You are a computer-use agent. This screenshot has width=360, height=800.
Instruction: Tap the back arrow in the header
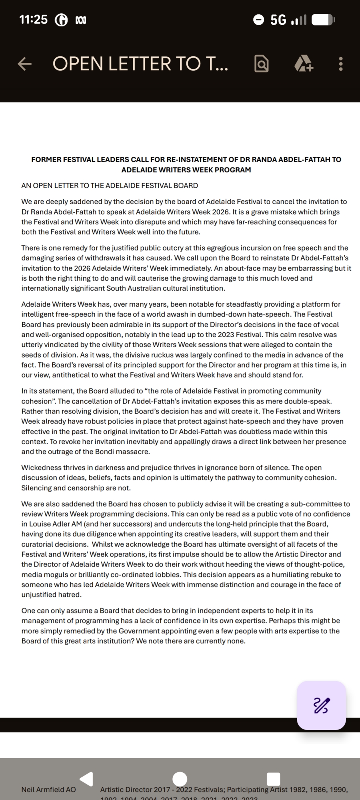pyautogui.click(x=25, y=64)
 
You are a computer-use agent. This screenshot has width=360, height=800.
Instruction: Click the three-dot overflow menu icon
pyautogui.click(x=340, y=64)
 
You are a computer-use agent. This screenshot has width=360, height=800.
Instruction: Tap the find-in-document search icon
pyautogui.click(x=261, y=64)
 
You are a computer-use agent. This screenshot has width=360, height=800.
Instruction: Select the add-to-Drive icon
pyautogui.click(x=304, y=64)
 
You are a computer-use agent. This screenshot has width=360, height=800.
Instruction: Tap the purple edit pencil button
pyautogui.click(x=321, y=705)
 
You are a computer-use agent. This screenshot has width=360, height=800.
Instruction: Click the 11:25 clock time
pyautogui.click(x=33, y=19)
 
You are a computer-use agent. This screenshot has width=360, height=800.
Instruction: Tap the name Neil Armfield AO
pyautogui.click(x=48, y=789)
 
